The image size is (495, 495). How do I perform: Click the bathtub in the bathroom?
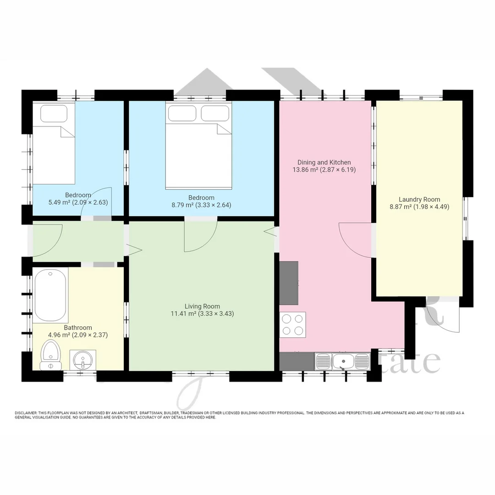(x=50, y=296)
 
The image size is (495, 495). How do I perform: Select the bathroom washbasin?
(x=82, y=359)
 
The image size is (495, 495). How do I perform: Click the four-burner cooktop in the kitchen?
(x=292, y=324)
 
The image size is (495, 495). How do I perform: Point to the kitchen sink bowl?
(x=342, y=361)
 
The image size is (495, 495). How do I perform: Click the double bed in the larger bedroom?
(x=198, y=147)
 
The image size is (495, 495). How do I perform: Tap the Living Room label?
(x=202, y=306)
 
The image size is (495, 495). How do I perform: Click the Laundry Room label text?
(x=419, y=199)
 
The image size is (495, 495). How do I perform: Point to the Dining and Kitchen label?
(x=324, y=162)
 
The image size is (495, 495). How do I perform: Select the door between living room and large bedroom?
(x=201, y=236)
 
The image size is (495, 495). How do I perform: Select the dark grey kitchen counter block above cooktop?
(x=289, y=283)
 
